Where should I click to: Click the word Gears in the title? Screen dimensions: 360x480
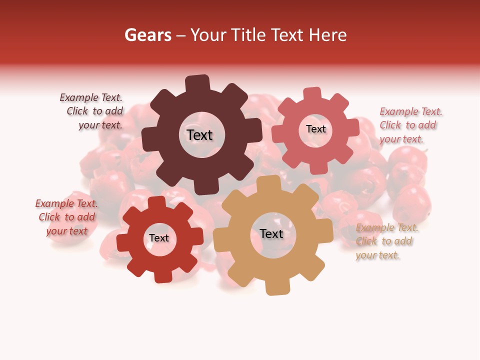click(x=147, y=35)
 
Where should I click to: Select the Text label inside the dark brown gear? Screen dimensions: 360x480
click(x=199, y=135)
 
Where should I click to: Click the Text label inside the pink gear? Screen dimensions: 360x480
click(x=315, y=129)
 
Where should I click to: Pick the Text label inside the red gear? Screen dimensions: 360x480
click(x=159, y=238)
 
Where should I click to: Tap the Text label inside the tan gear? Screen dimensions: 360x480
click(x=271, y=233)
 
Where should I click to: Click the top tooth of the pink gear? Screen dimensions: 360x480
click(x=312, y=94)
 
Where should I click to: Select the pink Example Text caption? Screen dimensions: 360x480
click(x=410, y=125)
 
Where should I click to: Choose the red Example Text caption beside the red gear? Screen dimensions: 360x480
click(x=66, y=217)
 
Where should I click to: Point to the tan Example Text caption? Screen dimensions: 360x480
click(x=386, y=241)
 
